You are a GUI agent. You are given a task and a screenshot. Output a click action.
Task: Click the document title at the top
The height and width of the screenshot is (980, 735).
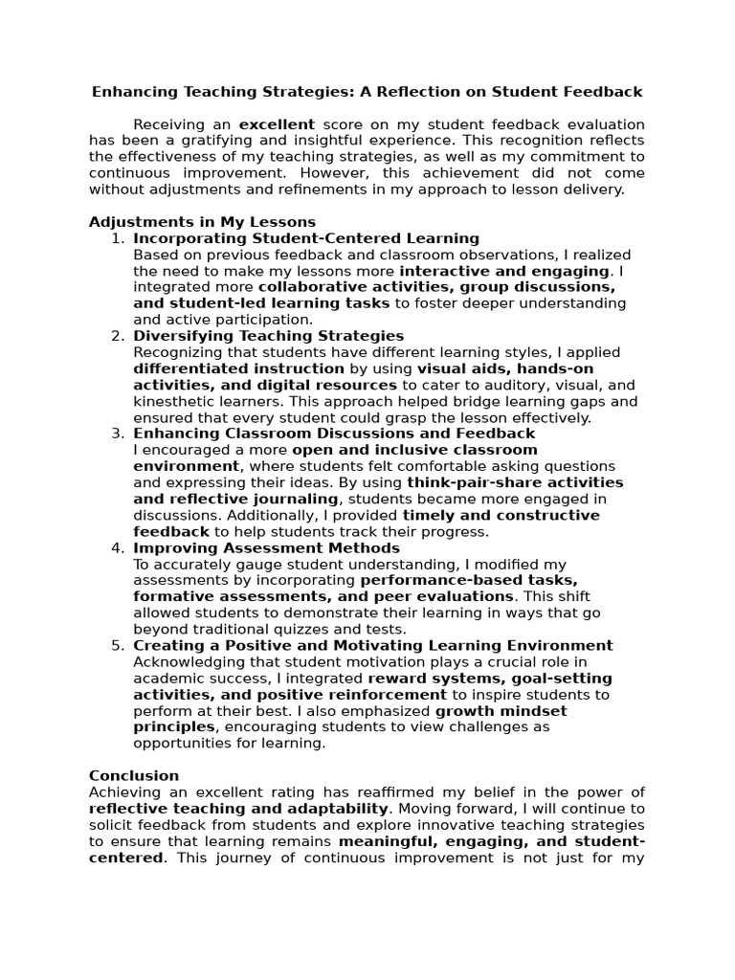click(367, 92)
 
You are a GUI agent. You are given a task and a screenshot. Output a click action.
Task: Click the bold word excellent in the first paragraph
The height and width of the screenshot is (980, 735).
click(277, 124)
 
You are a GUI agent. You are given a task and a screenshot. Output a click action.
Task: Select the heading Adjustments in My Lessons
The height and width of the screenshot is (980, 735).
click(202, 222)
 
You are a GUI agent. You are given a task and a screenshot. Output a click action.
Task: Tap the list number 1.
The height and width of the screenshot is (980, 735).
click(117, 238)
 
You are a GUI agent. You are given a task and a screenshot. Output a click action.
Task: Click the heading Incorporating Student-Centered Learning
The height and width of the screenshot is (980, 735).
click(306, 238)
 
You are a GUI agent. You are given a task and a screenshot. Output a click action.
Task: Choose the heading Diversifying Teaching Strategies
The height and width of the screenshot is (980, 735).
click(269, 336)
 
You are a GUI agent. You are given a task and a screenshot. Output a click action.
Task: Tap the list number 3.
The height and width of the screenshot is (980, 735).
click(117, 434)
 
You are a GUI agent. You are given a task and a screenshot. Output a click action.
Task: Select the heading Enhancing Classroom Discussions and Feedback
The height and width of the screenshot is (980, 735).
click(334, 434)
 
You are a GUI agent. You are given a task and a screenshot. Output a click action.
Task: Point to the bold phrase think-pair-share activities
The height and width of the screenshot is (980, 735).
click(515, 482)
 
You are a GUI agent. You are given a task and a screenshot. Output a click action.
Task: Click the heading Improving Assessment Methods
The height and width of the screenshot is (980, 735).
click(267, 547)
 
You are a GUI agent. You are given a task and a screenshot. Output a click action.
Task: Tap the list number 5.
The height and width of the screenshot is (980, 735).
click(117, 645)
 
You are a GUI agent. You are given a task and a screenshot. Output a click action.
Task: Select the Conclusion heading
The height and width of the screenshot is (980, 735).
click(134, 775)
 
